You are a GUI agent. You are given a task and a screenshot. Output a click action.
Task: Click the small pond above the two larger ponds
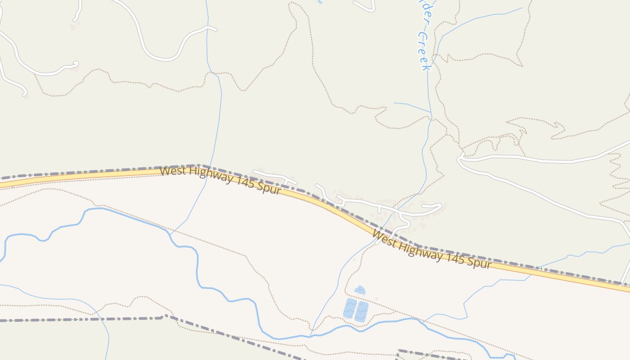pos(360,290)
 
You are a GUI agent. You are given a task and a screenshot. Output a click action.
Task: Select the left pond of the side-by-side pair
pos(350,309)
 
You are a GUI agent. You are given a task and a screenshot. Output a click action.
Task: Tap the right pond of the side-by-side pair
pos(361,311)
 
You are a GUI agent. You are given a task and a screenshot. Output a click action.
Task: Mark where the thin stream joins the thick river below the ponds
pos(311,335)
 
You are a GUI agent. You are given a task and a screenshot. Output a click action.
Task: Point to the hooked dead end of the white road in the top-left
pos(75,63)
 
